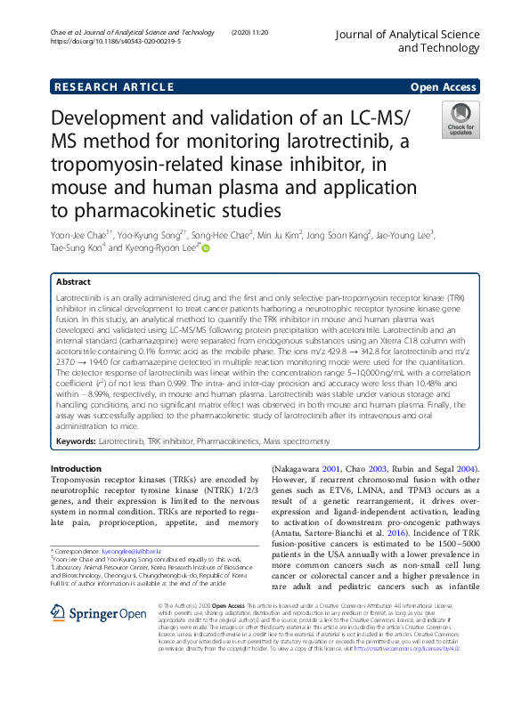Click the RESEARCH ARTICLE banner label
pyautogui.click(x=113, y=86)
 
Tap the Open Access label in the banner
pyautogui.click(x=444, y=86)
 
